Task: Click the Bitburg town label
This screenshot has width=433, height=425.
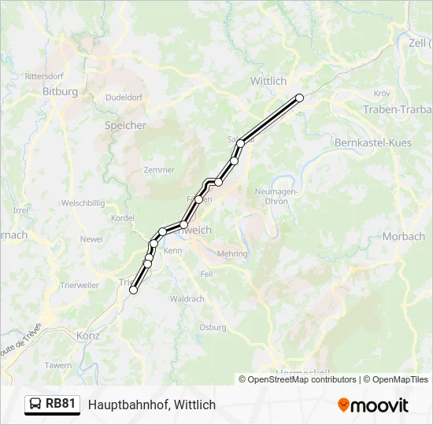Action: pyautogui.click(x=60, y=91)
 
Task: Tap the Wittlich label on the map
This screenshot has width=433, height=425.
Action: pyautogui.click(x=268, y=81)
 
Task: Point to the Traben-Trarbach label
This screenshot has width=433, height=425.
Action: pyautogui.click(x=398, y=109)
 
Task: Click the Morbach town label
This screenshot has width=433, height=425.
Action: pyautogui.click(x=404, y=236)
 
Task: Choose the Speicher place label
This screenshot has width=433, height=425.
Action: pyautogui.click(x=125, y=125)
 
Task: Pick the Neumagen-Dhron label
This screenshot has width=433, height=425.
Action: pyautogui.click(x=272, y=196)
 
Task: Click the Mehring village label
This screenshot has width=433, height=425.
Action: pyautogui.click(x=232, y=254)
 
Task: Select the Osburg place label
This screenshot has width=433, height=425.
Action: pyautogui.click(x=213, y=327)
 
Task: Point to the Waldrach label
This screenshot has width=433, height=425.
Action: pyautogui.click(x=187, y=299)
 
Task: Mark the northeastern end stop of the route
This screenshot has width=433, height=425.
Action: pyautogui.click(x=299, y=98)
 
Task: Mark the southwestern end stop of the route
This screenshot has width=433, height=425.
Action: pyautogui.click(x=133, y=290)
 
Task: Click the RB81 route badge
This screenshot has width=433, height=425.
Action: pyautogui.click(x=53, y=405)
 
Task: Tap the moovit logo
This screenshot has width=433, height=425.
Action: pyautogui.click(x=373, y=405)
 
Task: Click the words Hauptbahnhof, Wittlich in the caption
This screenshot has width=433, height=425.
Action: pyautogui.click(x=152, y=405)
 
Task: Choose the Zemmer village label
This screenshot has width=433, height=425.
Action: pyautogui.click(x=159, y=170)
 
